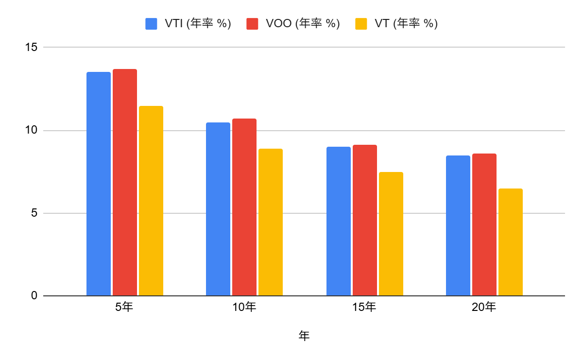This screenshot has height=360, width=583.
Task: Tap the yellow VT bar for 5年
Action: (151, 201)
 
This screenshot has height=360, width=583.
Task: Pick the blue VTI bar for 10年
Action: (218, 209)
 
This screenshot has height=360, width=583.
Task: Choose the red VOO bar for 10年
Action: (244, 207)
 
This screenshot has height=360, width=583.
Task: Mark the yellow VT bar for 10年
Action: (270, 222)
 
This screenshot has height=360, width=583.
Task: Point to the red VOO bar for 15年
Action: (365, 220)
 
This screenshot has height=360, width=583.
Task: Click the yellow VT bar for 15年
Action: (391, 234)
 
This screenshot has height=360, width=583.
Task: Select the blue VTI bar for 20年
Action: (458, 225)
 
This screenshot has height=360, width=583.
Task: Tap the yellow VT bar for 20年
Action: (510, 242)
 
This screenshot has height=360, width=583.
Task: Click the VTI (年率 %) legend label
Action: (195, 23)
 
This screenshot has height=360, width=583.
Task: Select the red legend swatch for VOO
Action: (252, 23)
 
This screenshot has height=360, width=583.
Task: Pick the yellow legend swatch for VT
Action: (361, 23)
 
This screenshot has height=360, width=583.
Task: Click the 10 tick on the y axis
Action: (31, 130)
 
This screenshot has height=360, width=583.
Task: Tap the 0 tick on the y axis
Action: (34, 296)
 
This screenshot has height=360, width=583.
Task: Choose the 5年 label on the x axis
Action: (124, 307)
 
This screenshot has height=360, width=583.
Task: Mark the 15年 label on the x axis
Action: (364, 307)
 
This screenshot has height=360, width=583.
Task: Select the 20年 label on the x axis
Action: (484, 307)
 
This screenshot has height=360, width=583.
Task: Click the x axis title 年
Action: (304, 336)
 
